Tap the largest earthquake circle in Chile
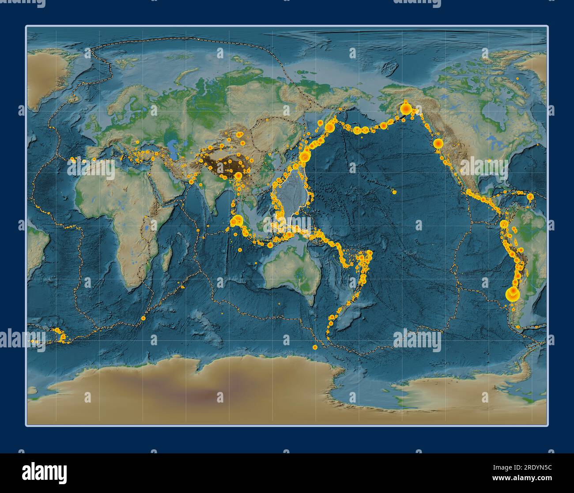[x=512, y=294]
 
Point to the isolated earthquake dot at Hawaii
[x=394, y=192]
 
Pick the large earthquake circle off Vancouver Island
[x=438, y=143]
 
